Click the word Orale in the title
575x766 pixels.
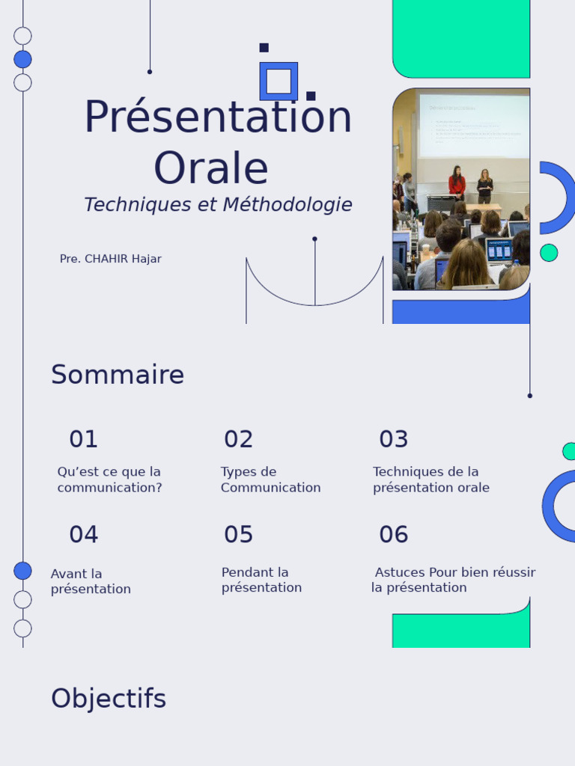[x=211, y=169]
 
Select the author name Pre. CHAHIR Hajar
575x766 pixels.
[x=111, y=260]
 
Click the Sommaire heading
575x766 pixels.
[x=118, y=376]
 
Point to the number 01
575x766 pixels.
[x=83, y=440]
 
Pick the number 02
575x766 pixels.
[x=238, y=440]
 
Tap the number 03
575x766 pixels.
[x=393, y=440]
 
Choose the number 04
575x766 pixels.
[x=83, y=536]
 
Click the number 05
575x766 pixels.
[x=238, y=536]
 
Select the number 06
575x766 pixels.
[x=393, y=536]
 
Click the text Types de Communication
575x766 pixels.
[x=270, y=480]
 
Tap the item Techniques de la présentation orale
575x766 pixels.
[x=431, y=480]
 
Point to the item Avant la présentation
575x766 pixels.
[x=91, y=582]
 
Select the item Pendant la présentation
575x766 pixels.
[x=261, y=580]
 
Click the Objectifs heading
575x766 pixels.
[x=109, y=699]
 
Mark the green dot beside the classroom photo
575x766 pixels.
[x=549, y=253]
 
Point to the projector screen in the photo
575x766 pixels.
[x=473, y=125]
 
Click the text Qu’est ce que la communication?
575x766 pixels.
[x=109, y=480]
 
